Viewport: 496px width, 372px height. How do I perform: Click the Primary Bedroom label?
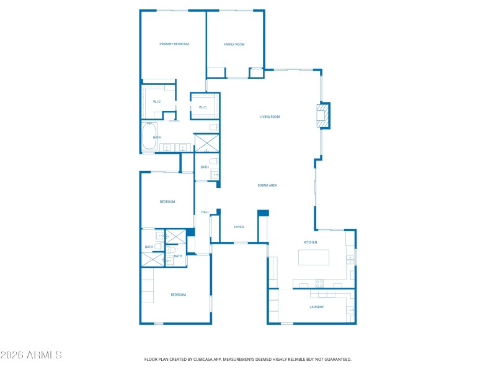tap(174, 44)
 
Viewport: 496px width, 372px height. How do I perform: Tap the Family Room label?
tap(234, 44)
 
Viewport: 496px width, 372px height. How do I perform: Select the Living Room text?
tap(270, 117)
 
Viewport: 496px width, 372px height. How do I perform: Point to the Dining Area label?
tap(267, 185)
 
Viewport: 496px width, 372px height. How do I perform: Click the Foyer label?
tap(239, 227)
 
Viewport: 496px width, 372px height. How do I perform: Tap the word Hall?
tap(205, 212)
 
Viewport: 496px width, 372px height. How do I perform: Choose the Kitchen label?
tap(310, 242)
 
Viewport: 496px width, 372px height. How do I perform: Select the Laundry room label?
tap(316, 307)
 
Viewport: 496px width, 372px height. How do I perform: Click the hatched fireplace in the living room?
tap(322, 116)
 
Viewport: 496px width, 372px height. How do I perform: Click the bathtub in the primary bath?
tap(149, 137)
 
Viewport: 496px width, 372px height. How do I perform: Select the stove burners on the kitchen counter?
tap(320, 284)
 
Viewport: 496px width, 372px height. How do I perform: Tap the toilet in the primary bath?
tap(213, 128)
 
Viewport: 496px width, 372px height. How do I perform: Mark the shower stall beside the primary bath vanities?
tap(206, 143)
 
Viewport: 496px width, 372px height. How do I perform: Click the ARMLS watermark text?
tap(31, 355)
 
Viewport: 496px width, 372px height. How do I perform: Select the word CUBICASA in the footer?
tap(207, 359)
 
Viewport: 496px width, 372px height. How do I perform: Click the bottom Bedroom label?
tap(178, 294)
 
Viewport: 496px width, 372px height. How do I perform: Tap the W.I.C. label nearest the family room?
tap(203, 107)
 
